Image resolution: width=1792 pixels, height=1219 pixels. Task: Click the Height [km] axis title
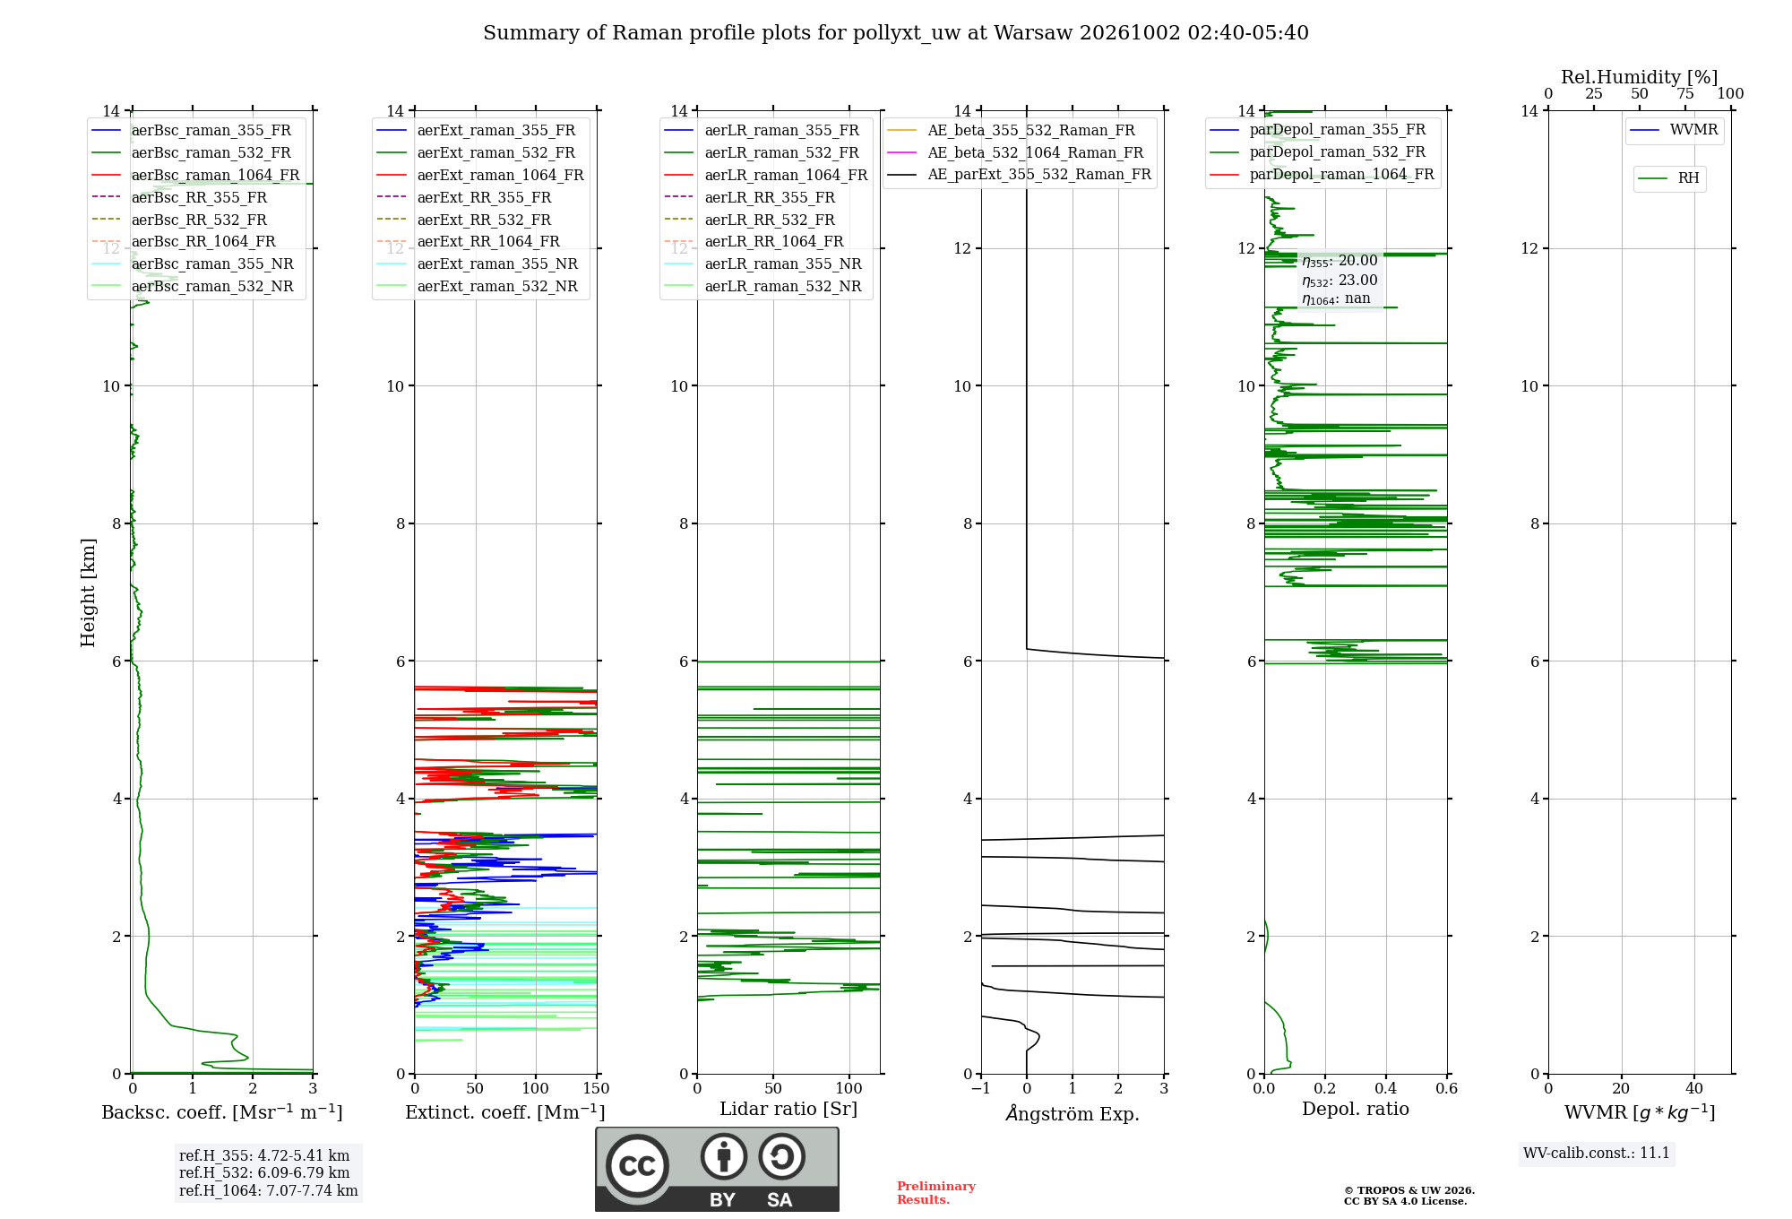(88, 592)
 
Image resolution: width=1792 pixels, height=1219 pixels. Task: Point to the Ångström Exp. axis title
(1073, 1113)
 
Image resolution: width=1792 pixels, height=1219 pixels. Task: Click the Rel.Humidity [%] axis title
(1640, 77)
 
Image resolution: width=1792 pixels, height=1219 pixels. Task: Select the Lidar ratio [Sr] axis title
(788, 1109)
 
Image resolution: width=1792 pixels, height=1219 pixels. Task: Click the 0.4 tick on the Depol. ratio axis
(1386, 1089)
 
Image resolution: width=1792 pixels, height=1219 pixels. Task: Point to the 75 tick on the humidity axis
(1685, 93)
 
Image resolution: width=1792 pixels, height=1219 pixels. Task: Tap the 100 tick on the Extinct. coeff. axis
(536, 1089)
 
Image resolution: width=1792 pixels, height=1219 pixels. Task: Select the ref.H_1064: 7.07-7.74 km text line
(269, 1190)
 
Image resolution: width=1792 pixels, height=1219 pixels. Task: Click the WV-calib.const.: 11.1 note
(1597, 1153)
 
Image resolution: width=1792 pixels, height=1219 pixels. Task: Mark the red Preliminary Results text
(936, 1193)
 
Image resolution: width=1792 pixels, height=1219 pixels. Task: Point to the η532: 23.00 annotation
(1340, 280)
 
